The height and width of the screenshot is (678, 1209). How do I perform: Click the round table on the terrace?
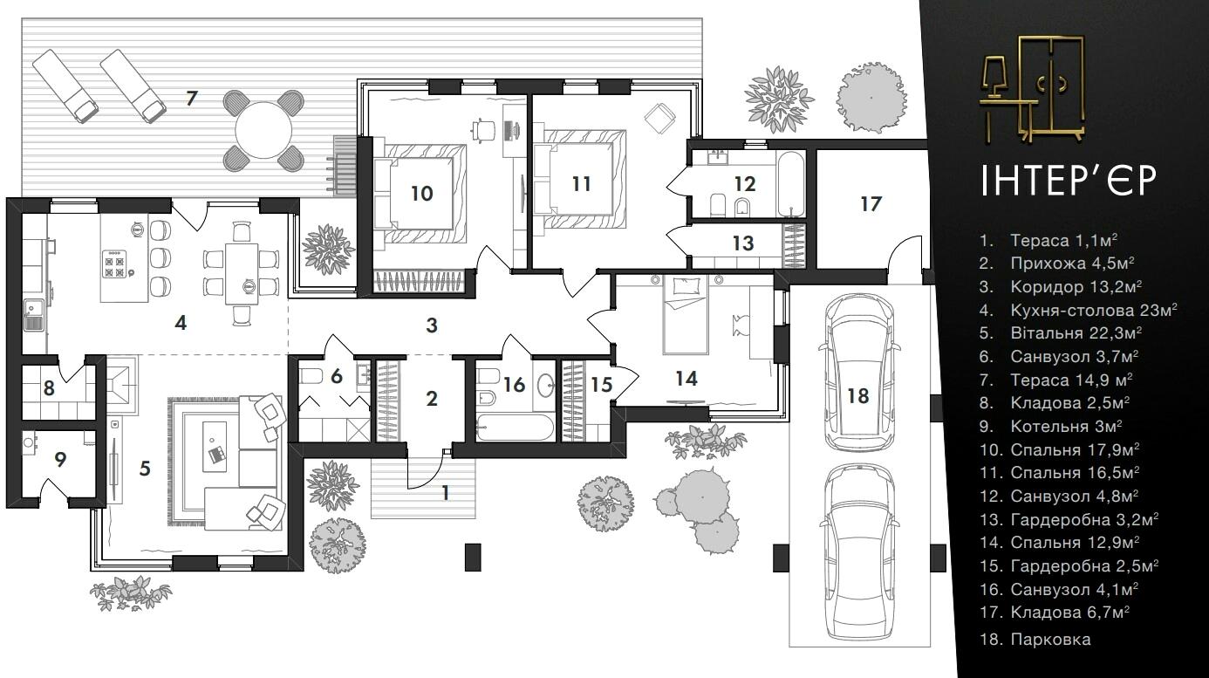tap(263, 130)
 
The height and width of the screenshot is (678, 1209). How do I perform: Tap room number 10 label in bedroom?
tap(421, 193)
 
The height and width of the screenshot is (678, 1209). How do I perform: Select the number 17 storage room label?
tap(871, 204)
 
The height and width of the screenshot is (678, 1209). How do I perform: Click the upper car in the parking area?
tap(858, 373)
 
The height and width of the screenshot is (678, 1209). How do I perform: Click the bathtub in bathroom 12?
tap(791, 183)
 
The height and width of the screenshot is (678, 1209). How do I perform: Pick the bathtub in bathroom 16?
tap(515, 428)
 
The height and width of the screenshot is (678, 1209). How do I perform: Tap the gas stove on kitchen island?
tap(114, 264)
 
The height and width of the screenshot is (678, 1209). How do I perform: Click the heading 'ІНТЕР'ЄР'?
tap(1069, 181)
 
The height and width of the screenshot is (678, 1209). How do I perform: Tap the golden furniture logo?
tap(1033, 90)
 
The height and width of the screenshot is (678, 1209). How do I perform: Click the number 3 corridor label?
tap(431, 325)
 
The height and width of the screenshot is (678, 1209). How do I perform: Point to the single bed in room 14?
tap(686, 315)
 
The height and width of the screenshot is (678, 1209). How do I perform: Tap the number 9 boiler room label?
tap(60, 459)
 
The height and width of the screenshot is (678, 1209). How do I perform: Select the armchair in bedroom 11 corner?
tap(660, 117)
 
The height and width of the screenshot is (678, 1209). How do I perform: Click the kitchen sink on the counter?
tap(33, 315)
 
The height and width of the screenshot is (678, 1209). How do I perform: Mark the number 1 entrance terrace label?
tap(445, 493)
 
